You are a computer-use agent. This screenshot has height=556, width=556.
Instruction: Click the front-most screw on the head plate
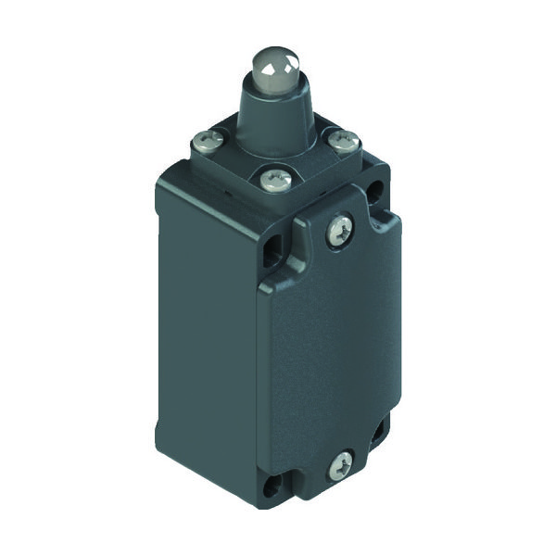pos(274,175)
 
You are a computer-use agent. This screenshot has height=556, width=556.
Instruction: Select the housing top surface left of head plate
pos(185,167)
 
